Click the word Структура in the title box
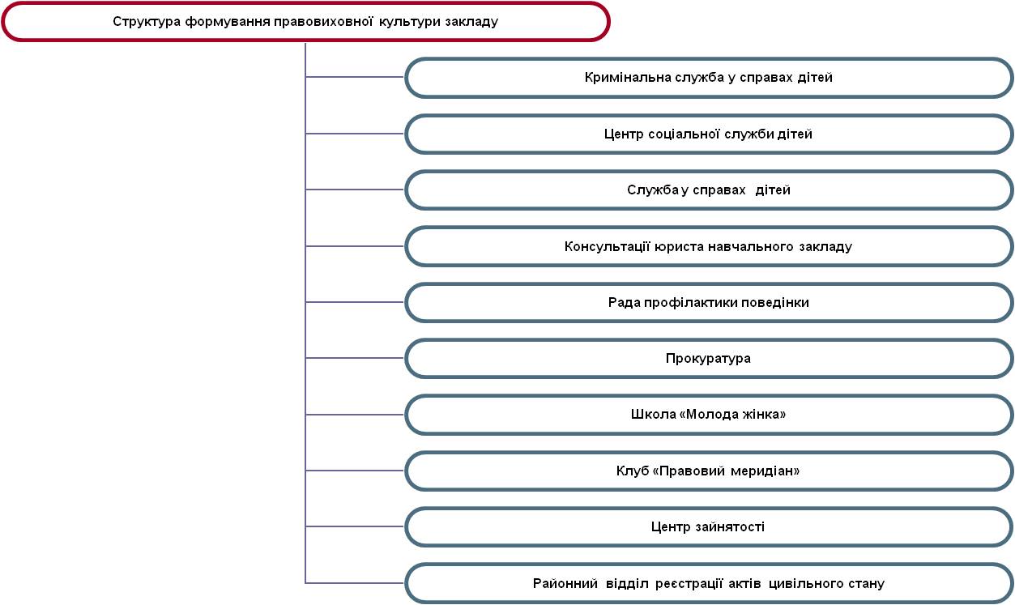click(147, 22)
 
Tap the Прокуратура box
click(709, 359)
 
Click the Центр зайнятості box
click(709, 526)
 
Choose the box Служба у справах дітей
click(709, 190)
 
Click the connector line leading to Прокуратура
click(355, 358)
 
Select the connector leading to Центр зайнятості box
click(355, 526)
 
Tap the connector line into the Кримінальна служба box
click(355, 77)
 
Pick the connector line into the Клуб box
click(355, 471)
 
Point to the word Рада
click(624, 303)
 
